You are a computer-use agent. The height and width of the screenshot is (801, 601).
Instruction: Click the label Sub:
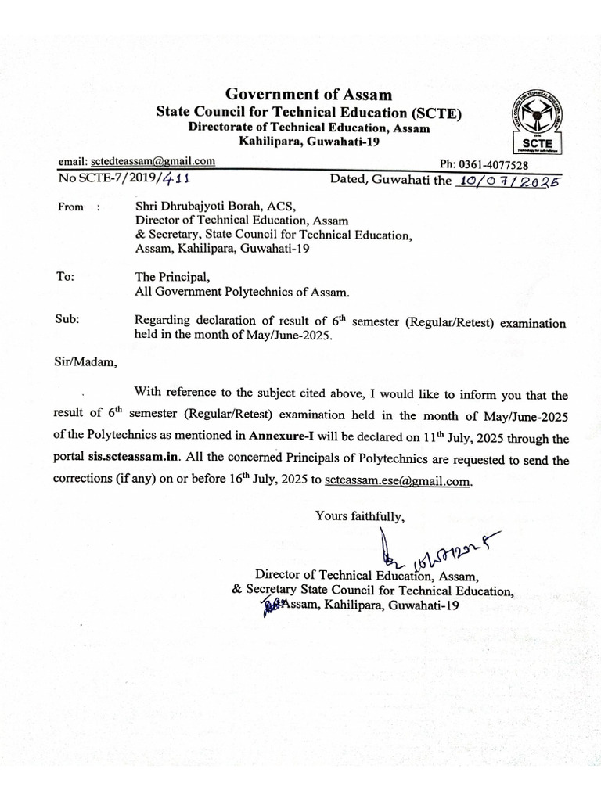pyautogui.click(x=67, y=320)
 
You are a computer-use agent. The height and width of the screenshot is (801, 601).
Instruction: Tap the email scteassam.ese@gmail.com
pyautogui.click(x=398, y=481)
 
